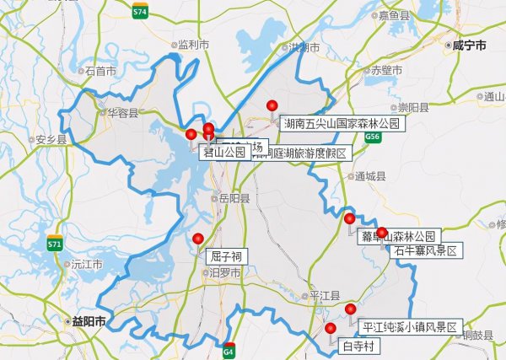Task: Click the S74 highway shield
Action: (x=140, y=12)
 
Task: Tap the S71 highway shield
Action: (x=55, y=244)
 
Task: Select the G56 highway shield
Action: (x=373, y=136)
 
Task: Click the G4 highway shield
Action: (x=229, y=350)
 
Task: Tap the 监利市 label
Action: (x=191, y=44)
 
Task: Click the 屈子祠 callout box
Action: (x=225, y=255)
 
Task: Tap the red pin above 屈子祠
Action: (x=198, y=239)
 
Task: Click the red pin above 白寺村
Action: (x=330, y=328)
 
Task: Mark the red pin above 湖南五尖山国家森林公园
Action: (x=272, y=105)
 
